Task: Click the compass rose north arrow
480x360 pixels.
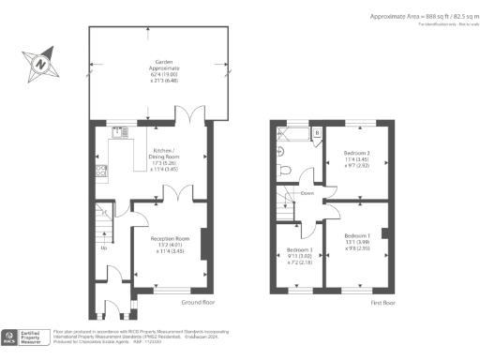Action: click(x=41, y=64)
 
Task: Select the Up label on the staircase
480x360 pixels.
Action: click(x=103, y=248)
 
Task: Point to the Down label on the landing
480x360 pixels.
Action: click(x=307, y=194)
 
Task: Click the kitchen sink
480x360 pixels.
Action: click(x=119, y=133)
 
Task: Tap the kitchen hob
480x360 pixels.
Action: click(x=99, y=171)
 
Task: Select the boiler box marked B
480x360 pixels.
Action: click(x=317, y=134)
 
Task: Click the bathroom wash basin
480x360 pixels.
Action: click(x=280, y=149)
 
